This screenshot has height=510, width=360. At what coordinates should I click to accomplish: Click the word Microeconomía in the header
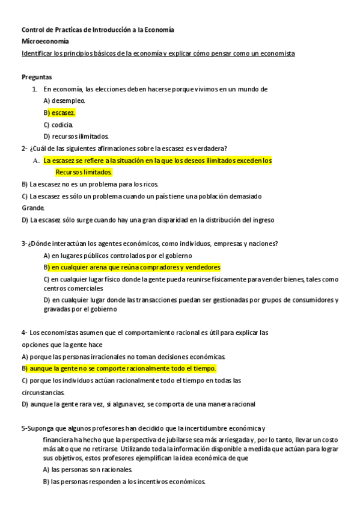pos(45,41)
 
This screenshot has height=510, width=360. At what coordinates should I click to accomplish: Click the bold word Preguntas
pos(37,77)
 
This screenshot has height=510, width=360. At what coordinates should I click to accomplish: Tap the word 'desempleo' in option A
pos(68,100)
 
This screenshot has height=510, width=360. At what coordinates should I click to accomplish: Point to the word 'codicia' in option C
pos(62,124)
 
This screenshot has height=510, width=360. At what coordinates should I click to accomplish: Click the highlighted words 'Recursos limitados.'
pos(84,172)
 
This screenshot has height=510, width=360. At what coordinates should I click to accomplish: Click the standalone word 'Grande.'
pos(33,207)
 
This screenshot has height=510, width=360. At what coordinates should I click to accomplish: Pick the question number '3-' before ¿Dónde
pos(25,244)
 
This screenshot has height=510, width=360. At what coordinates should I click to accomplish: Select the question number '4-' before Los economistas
pos(25,333)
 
